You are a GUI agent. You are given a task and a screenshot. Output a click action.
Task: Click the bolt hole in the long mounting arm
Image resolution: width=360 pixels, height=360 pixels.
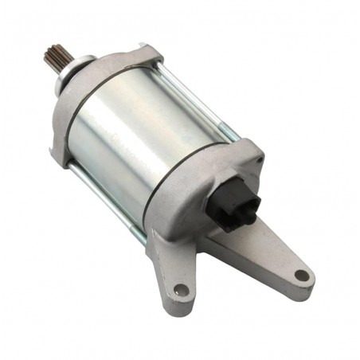point(300,276)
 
